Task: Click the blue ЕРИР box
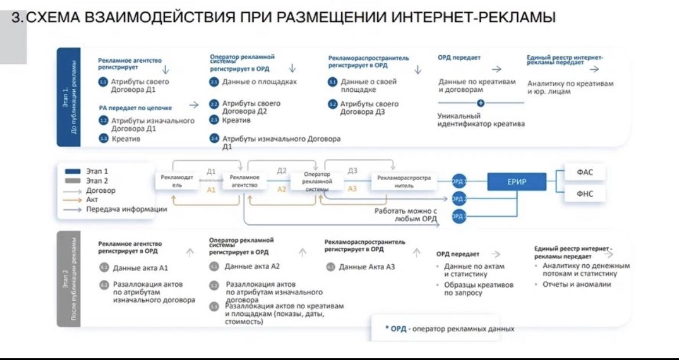tap(516, 182)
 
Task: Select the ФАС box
tap(584, 172)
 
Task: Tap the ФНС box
tap(584, 194)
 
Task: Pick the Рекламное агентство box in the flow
tap(244, 181)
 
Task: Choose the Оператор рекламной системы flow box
tap(317, 181)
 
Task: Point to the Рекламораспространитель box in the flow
tap(403, 181)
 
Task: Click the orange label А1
tap(211, 189)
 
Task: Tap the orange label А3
tap(352, 189)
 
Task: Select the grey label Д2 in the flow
tap(281, 171)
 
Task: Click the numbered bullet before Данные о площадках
tap(214, 82)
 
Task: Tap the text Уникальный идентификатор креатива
tap(481, 120)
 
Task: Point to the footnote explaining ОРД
tap(449, 329)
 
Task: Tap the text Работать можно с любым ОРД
tap(406, 215)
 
